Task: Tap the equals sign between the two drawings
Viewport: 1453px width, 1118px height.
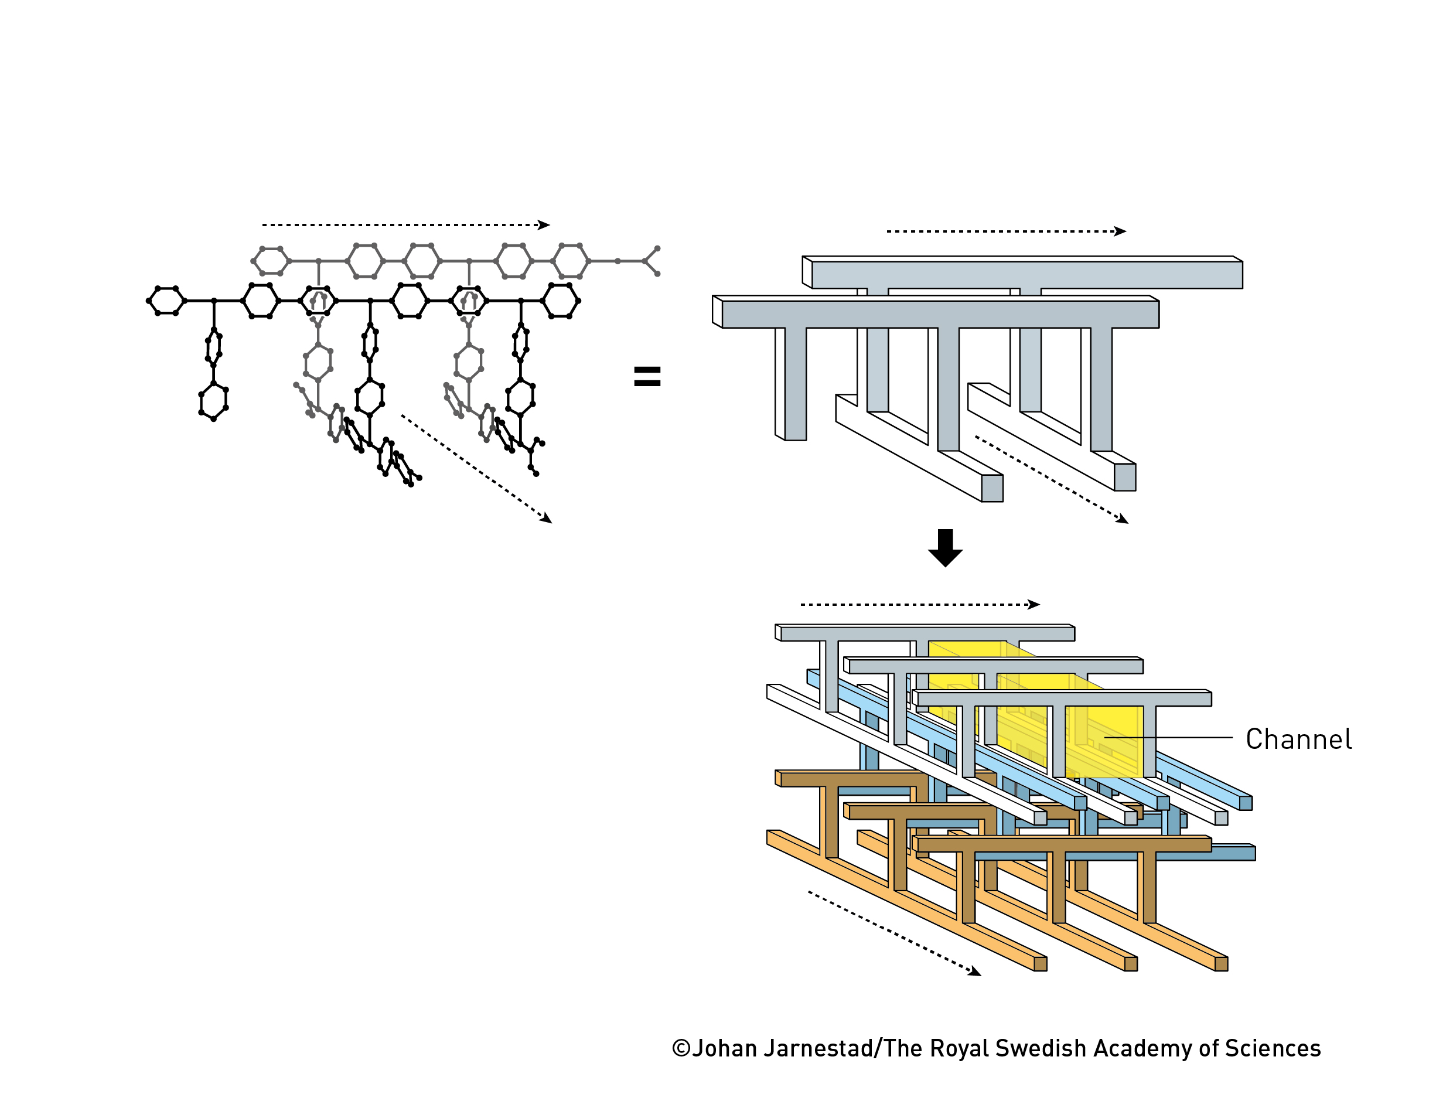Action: (647, 377)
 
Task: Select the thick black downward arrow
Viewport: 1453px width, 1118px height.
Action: (944, 548)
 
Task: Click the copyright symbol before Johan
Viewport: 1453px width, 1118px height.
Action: (681, 1048)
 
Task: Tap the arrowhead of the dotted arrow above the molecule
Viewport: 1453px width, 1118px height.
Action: (545, 225)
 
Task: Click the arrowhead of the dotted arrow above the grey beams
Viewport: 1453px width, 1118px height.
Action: (1122, 231)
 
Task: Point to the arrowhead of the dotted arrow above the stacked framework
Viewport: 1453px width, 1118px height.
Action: (1035, 604)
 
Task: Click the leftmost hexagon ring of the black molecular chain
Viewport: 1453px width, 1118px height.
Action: (166, 301)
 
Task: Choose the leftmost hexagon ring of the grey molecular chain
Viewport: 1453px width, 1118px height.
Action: (271, 261)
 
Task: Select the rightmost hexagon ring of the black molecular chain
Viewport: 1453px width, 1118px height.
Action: (561, 301)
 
